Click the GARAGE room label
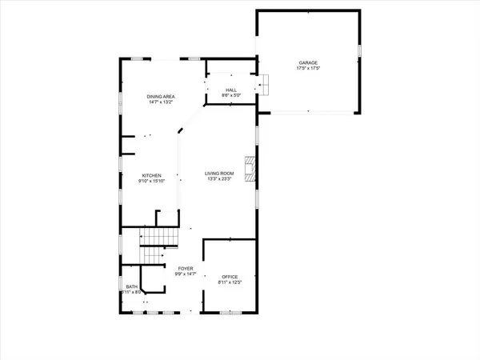tap(307, 63)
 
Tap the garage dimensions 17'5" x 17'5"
tap(307, 69)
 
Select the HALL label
tap(230, 90)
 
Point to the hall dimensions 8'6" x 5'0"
tap(230, 96)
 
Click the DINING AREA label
tap(161, 97)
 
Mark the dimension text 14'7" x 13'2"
tap(161, 102)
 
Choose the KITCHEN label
tap(152, 175)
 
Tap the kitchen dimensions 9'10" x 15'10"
tap(152, 181)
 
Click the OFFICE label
tap(230, 276)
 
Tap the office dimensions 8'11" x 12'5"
tap(230, 282)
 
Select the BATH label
tap(130, 287)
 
